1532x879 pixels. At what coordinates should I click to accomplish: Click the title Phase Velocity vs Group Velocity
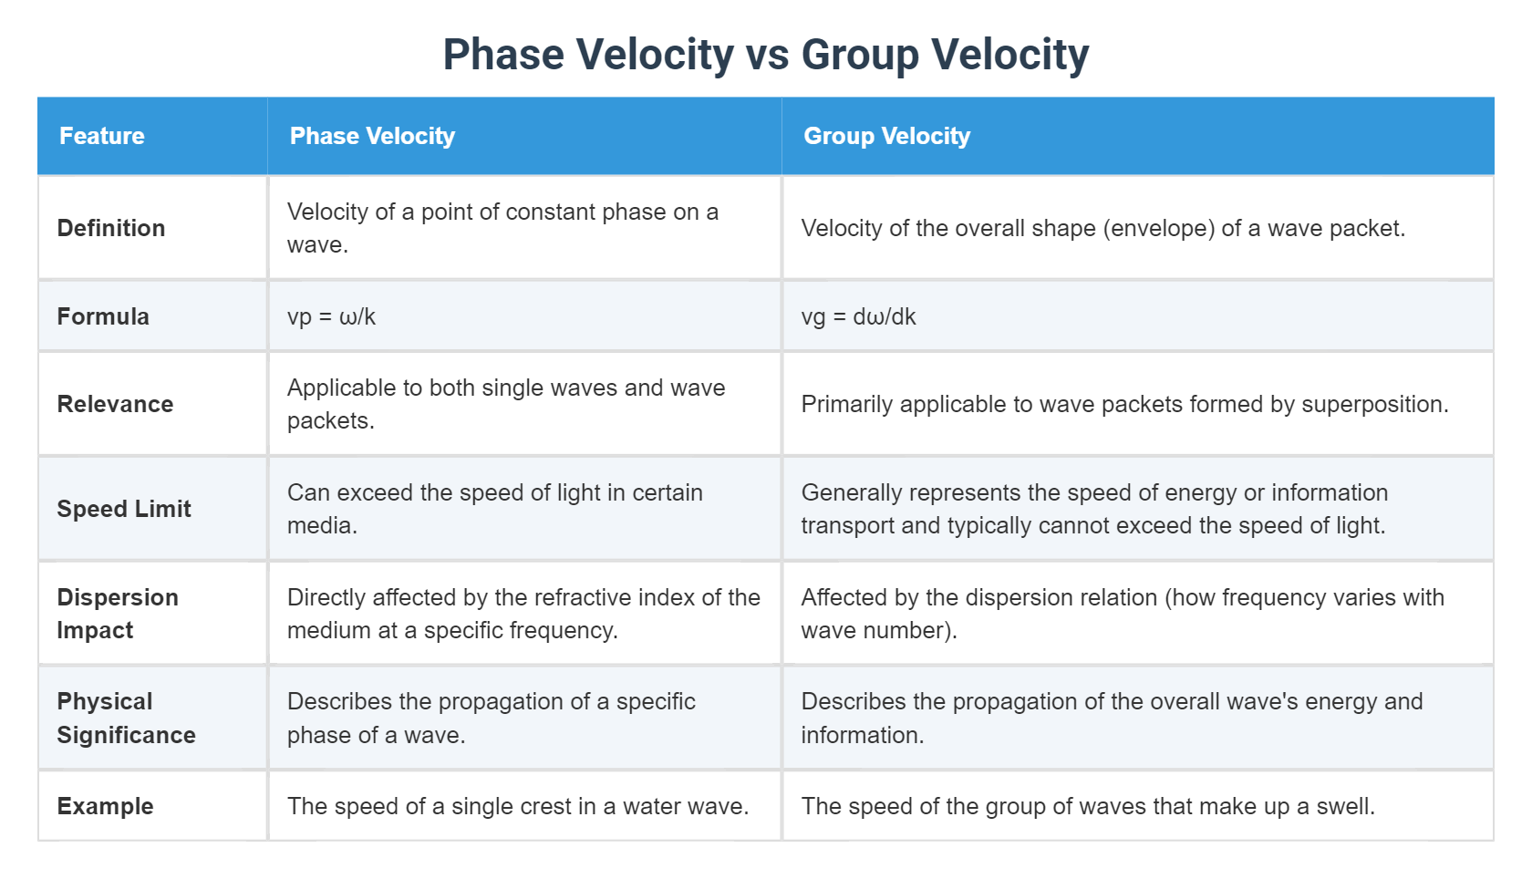pos(765,55)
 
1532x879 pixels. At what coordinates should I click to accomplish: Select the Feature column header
pos(102,136)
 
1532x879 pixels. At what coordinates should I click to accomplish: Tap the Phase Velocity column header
pos(372,136)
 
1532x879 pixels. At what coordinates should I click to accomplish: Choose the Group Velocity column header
pos(886,136)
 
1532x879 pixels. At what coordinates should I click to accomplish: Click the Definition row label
pos(111,228)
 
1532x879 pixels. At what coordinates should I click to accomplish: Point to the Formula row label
pos(103,316)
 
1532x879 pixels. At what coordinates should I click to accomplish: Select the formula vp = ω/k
pos(331,316)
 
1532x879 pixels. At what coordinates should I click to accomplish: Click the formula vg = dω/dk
pos(858,316)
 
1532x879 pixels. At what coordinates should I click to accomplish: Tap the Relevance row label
pos(115,404)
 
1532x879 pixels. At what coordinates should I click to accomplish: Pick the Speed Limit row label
pos(124,509)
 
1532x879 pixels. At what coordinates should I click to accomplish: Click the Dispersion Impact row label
pos(118,614)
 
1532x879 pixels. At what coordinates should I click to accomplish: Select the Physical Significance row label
pos(126,719)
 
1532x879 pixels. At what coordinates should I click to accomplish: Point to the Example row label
pos(105,806)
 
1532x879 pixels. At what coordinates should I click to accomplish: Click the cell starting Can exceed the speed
pos(495,509)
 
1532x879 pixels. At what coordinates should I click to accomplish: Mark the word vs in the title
pos(767,55)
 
